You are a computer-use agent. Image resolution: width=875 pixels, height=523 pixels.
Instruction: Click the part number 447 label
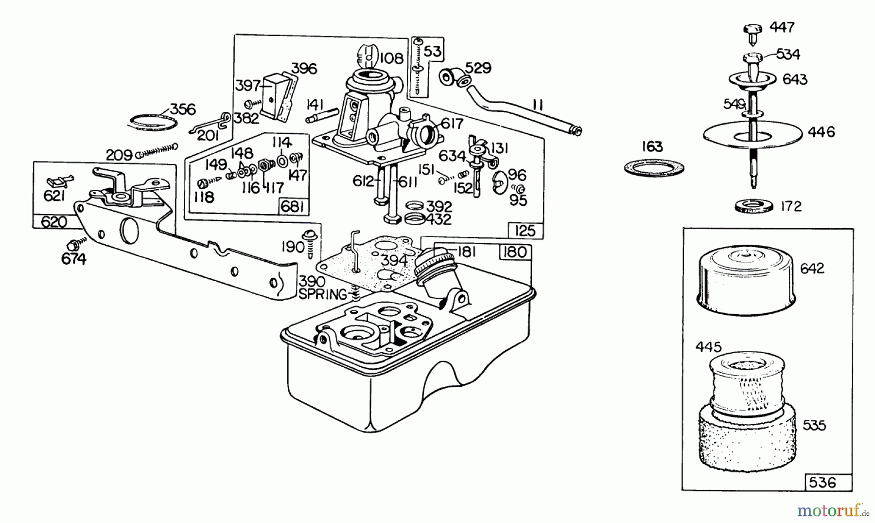click(x=782, y=27)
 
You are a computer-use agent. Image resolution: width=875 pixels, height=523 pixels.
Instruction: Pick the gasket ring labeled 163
click(x=654, y=168)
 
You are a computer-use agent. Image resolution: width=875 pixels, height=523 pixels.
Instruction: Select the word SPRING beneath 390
click(x=323, y=294)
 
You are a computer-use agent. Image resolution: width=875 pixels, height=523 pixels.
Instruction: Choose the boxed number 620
click(x=54, y=222)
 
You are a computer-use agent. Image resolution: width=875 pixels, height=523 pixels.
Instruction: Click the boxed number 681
click(x=293, y=207)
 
